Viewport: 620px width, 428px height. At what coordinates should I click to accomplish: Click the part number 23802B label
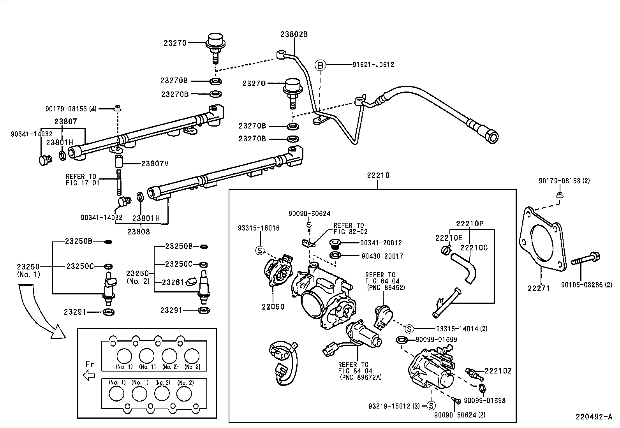click(x=294, y=34)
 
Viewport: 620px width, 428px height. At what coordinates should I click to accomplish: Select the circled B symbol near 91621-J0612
click(x=320, y=65)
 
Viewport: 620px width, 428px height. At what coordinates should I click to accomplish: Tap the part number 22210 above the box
click(x=377, y=176)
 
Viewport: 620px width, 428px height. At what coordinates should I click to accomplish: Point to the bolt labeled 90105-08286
click(x=586, y=259)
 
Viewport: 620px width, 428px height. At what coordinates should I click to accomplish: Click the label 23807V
click(x=155, y=164)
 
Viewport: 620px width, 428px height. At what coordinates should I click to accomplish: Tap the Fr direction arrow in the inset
click(x=90, y=375)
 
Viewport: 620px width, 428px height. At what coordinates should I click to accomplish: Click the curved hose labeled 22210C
click(x=464, y=266)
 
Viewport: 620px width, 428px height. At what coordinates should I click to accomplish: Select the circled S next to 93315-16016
click(x=260, y=250)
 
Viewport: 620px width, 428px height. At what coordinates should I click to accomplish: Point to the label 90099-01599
click(x=436, y=340)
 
